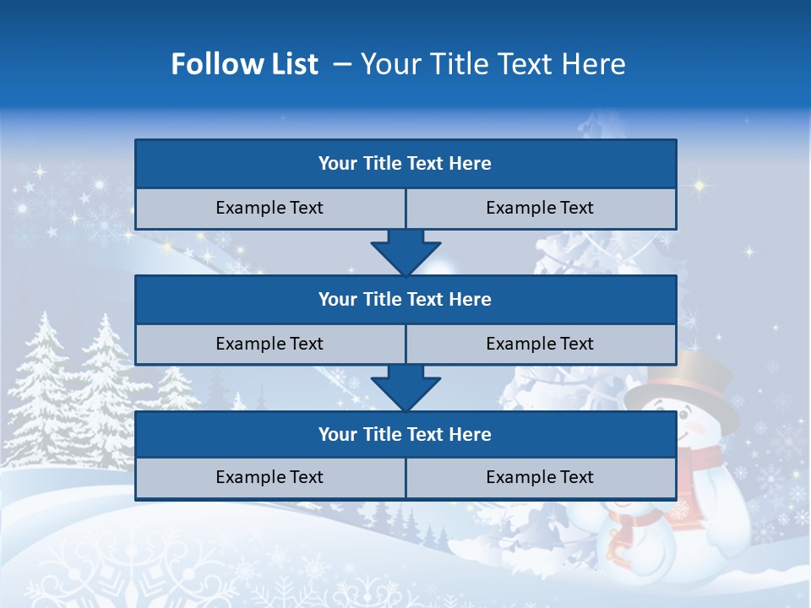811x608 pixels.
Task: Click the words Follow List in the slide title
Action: click(x=245, y=64)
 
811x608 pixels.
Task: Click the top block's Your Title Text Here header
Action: click(x=405, y=164)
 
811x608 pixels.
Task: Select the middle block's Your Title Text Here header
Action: click(x=405, y=299)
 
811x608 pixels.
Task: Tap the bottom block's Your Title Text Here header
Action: click(x=405, y=434)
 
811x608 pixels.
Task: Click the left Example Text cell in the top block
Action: click(x=269, y=208)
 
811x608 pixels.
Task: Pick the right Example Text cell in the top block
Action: click(x=540, y=208)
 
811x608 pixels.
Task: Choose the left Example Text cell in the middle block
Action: click(x=269, y=344)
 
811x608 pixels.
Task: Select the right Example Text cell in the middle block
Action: click(x=540, y=344)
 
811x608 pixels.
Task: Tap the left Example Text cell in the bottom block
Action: click(x=269, y=477)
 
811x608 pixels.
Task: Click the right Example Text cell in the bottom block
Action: click(x=540, y=477)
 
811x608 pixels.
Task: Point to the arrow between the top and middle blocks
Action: click(x=405, y=252)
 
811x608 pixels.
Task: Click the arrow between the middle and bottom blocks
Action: click(x=405, y=388)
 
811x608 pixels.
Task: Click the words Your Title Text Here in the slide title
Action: click(x=493, y=64)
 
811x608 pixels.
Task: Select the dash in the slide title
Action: click(x=341, y=64)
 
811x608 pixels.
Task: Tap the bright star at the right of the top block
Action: click(x=699, y=183)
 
